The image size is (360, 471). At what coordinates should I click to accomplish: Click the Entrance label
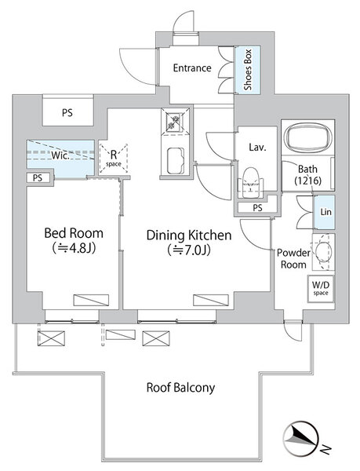(x=192, y=68)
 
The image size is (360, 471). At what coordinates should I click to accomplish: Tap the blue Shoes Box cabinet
(x=248, y=70)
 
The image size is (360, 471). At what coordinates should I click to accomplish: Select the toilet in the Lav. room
(x=250, y=183)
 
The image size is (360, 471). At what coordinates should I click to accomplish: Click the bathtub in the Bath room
(x=308, y=137)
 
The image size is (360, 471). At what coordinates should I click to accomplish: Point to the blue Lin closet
(x=324, y=212)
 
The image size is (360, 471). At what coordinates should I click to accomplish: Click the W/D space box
(x=321, y=289)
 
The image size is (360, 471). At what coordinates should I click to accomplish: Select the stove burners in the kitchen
(x=175, y=121)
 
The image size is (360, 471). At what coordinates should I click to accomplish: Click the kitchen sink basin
(x=176, y=160)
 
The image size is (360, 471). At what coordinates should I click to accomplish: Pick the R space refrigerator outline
(x=114, y=159)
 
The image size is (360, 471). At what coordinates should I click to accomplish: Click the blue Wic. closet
(x=61, y=159)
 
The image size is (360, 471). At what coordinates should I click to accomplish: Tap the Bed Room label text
(x=74, y=233)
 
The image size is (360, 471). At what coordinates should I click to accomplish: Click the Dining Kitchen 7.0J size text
(x=189, y=250)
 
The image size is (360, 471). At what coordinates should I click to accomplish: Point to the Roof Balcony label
(x=180, y=388)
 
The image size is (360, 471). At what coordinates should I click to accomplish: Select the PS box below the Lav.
(x=257, y=207)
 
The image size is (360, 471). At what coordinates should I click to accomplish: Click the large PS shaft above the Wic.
(x=67, y=112)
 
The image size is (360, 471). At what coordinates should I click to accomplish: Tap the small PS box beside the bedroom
(x=38, y=178)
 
